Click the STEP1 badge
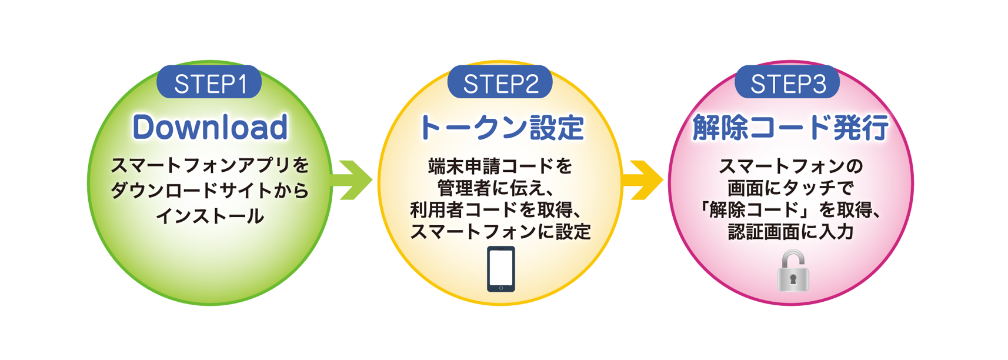click(x=209, y=84)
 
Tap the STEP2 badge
click(x=500, y=84)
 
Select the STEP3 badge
click(x=787, y=84)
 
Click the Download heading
click(x=210, y=127)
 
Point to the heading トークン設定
click(x=500, y=128)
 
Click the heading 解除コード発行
click(x=790, y=128)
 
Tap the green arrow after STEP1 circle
click(x=355, y=180)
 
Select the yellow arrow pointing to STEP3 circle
click(x=645, y=180)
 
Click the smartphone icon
click(x=501, y=269)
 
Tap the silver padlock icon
click(x=793, y=272)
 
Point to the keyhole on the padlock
click(x=793, y=279)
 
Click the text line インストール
click(x=209, y=216)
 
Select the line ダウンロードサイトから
click(x=209, y=191)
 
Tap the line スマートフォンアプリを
click(x=209, y=165)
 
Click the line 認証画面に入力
click(x=790, y=232)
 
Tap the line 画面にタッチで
click(x=790, y=188)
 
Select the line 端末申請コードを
click(x=500, y=166)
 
